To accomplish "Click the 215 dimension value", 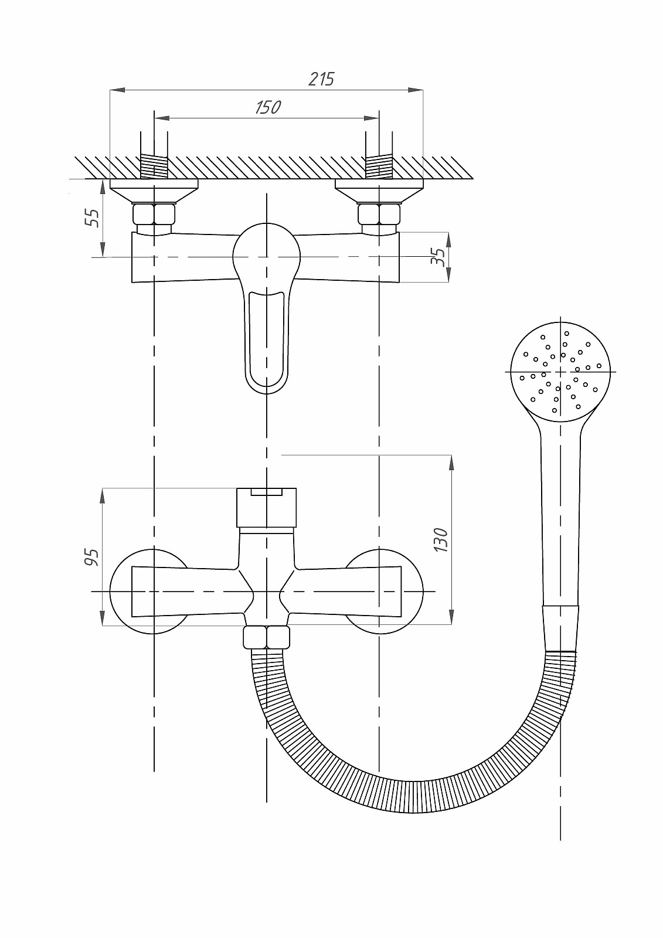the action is [321, 79].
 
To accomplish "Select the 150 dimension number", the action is [268, 108].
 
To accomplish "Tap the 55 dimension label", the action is [92, 217].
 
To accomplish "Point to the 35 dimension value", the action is [438, 256].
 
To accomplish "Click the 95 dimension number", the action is [91, 558].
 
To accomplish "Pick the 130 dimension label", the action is [441, 540].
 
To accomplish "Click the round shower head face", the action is [561, 372].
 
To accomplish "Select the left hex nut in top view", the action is [154, 214].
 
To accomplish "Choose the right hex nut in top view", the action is [379, 214].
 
